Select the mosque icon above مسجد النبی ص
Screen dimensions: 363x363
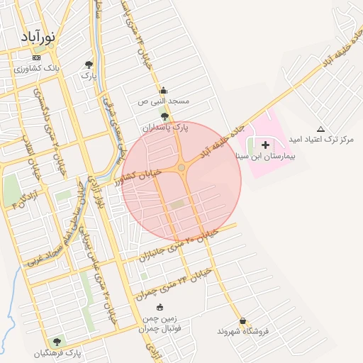[x=164, y=90]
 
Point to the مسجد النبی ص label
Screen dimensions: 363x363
[x=164, y=101]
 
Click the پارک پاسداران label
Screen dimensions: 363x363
[x=166, y=128]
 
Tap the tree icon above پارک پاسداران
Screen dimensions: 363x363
[x=165, y=116]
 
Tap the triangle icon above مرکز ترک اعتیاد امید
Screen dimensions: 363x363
[x=320, y=129]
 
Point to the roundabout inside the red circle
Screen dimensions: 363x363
[x=181, y=167]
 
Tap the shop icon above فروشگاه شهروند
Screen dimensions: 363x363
[x=242, y=321]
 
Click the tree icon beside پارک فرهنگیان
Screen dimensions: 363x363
[x=57, y=342]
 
